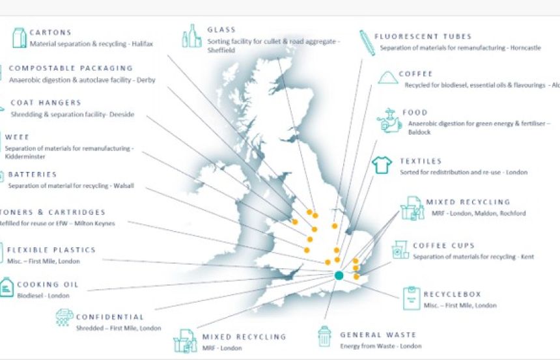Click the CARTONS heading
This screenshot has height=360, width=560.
(51, 33)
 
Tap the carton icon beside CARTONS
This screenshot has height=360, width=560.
(19, 37)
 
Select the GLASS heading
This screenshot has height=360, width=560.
(221, 30)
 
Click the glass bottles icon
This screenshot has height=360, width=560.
(191, 36)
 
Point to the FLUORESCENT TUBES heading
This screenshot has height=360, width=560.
(423, 36)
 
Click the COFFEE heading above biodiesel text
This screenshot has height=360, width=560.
(415, 74)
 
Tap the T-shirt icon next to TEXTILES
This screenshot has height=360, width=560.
(381, 165)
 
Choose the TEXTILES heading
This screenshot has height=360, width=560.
(421, 161)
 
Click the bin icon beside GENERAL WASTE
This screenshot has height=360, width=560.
(324, 337)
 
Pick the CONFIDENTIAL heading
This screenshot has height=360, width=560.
(109, 317)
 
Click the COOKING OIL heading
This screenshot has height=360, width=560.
(48, 284)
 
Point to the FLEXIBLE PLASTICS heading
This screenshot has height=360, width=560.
(51, 250)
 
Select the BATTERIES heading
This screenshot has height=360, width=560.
(33, 174)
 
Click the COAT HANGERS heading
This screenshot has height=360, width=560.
(46, 103)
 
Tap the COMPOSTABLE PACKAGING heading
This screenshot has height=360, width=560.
(71, 68)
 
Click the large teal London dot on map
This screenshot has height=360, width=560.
(339, 275)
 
